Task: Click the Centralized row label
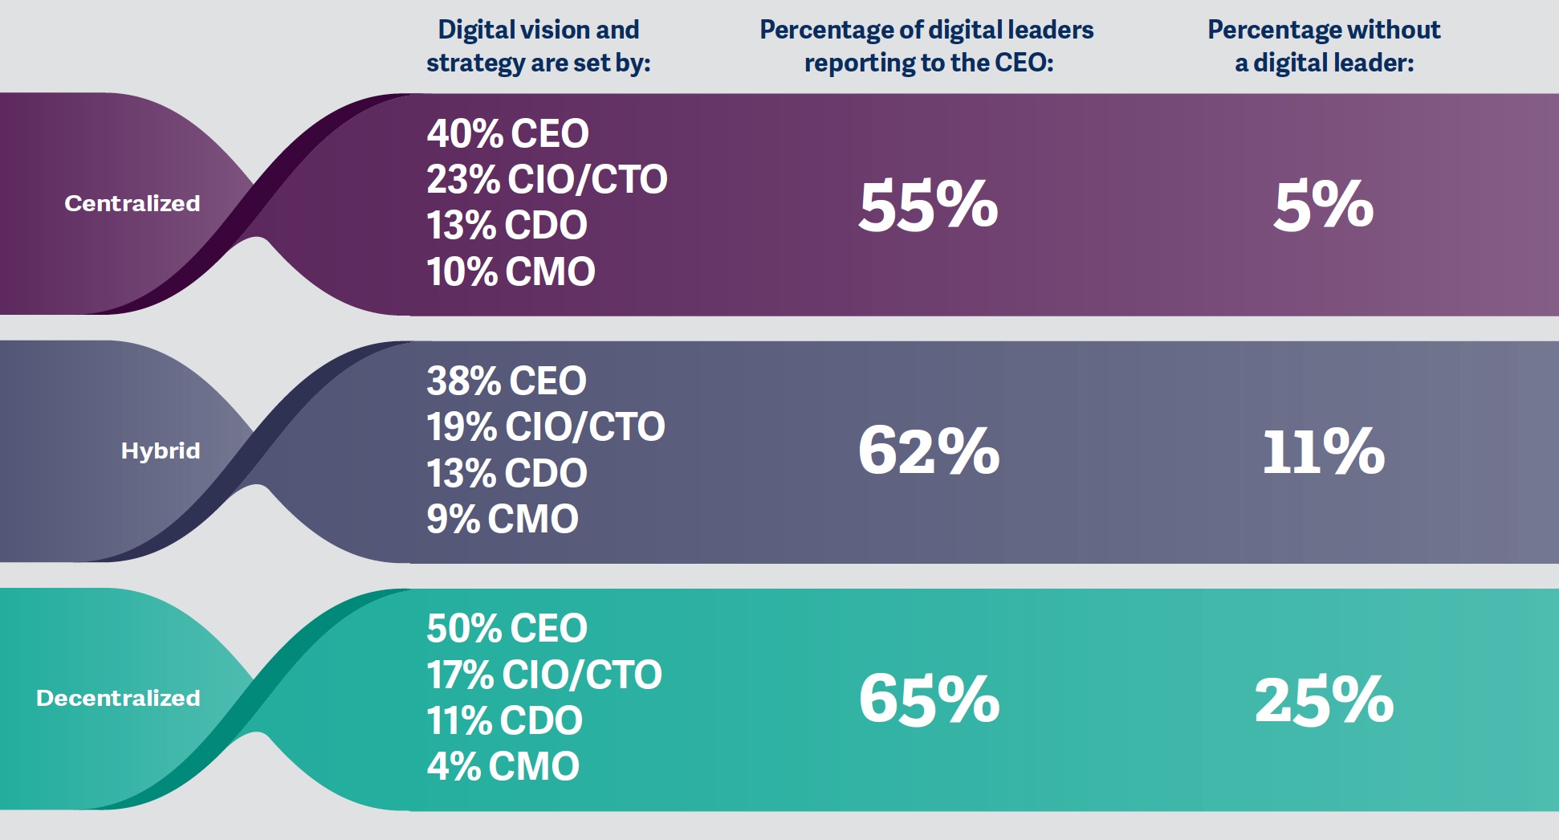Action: pyautogui.click(x=132, y=203)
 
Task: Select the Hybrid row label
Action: pyautogui.click(x=161, y=451)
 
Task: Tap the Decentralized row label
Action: pyautogui.click(x=118, y=698)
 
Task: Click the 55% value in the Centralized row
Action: pyautogui.click(x=928, y=206)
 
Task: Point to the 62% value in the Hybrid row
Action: pyautogui.click(x=929, y=451)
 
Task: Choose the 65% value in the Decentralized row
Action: pyautogui.click(x=929, y=699)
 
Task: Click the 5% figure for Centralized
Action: pyautogui.click(x=1324, y=206)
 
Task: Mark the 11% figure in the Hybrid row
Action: pyautogui.click(x=1324, y=451)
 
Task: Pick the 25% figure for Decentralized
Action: pyautogui.click(x=1324, y=700)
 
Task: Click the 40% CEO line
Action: pyautogui.click(x=507, y=133)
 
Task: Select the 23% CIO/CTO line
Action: pyautogui.click(x=547, y=179)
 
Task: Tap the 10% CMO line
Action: pyautogui.click(x=511, y=271)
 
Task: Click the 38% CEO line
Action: pyautogui.click(x=507, y=381)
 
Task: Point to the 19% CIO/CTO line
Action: pyautogui.click(x=546, y=426)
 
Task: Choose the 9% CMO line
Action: pyautogui.click(x=503, y=519)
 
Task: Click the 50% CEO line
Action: pyautogui.click(x=507, y=628)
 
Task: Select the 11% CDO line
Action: pyautogui.click(x=504, y=720)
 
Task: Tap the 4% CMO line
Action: pyautogui.click(x=503, y=766)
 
